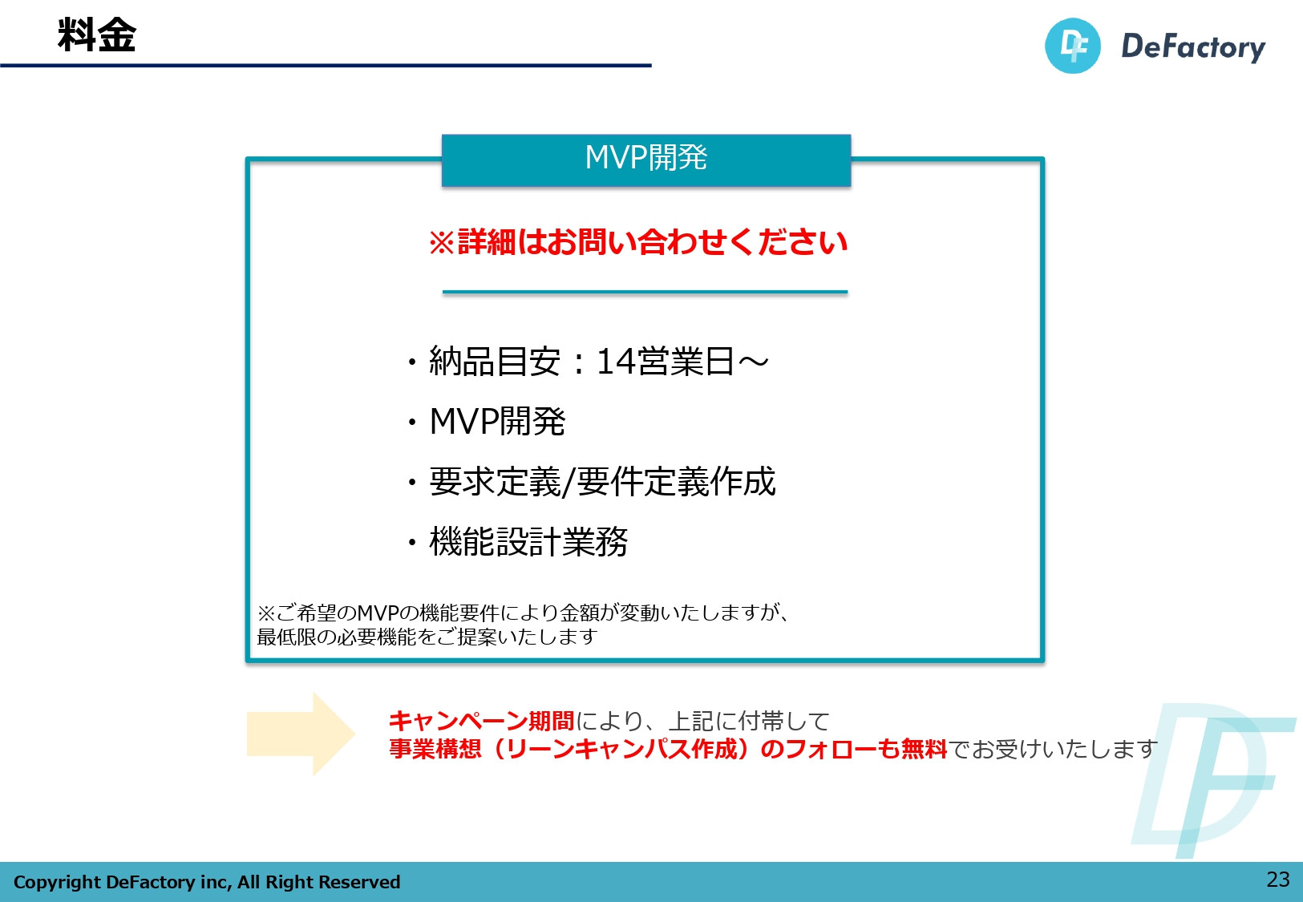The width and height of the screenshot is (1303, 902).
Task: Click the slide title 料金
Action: click(x=97, y=35)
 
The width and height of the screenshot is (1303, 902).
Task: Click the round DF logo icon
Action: click(x=1072, y=47)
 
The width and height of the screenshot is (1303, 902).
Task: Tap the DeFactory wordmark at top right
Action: click(x=1192, y=47)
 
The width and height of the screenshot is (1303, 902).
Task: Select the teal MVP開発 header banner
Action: click(x=645, y=159)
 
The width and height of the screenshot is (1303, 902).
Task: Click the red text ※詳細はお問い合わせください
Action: click(x=638, y=242)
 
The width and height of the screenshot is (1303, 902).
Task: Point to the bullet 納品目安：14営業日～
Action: click(x=598, y=362)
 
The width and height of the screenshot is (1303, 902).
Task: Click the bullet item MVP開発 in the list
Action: click(x=497, y=422)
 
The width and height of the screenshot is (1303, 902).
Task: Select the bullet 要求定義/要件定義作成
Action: click(x=602, y=482)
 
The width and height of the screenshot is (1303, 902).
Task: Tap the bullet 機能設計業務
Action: click(x=528, y=542)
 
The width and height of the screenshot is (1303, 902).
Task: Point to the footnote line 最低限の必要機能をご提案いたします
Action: click(x=427, y=637)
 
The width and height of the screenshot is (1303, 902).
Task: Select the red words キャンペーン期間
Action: click(x=481, y=721)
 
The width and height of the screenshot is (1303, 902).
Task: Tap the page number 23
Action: click(x=1277, y=880)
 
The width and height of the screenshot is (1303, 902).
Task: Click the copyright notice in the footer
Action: click(x=207, y=882)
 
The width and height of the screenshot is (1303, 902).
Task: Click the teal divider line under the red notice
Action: click(x=645, y=293)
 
